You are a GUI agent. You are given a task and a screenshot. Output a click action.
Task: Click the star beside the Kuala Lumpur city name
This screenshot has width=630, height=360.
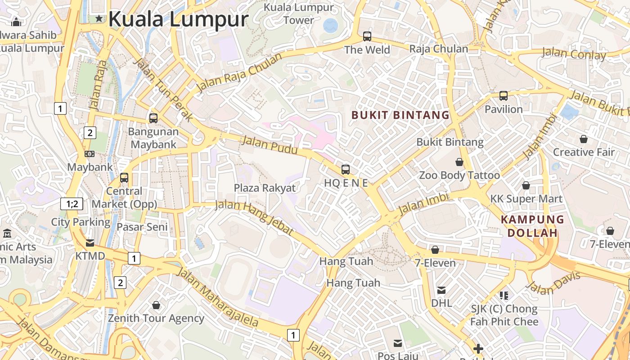coord(99,18)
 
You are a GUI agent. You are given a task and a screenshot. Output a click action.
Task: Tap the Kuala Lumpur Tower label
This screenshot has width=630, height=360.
coord(299,14)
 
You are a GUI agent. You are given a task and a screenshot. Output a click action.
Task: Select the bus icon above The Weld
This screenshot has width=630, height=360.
coord(367,36)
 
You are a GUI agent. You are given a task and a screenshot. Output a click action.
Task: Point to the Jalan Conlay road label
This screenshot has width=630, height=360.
coord(574,54)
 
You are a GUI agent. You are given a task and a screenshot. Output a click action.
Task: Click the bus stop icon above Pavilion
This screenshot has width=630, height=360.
coord(504,96)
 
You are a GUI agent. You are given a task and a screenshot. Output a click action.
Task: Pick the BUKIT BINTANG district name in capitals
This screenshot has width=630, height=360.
coord(400,115)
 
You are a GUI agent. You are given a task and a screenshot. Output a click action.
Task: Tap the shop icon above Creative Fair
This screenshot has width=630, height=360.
coord(584,139)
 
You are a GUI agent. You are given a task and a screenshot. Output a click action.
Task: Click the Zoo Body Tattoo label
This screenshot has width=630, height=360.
coord(459,175)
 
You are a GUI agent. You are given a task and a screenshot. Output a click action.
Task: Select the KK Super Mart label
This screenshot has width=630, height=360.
coord(526,198)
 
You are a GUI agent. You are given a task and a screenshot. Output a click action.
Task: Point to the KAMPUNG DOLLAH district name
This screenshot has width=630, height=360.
coord(533,226)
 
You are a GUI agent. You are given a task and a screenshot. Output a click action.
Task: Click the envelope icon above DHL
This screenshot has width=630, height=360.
coord(441,290)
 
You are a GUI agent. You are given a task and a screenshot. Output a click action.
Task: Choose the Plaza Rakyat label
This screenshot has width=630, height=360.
coord(265,188)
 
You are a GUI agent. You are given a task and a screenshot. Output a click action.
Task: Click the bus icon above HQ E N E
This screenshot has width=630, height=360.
coord(346,170)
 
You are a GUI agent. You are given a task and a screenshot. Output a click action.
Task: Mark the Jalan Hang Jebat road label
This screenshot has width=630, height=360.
coord(255,217)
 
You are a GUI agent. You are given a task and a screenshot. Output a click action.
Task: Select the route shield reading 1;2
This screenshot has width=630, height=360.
coord(72,204)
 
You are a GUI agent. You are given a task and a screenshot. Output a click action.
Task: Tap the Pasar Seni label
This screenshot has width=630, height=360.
coord(142,227)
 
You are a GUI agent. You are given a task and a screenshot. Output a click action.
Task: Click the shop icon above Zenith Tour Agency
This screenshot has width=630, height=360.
coord(156,306)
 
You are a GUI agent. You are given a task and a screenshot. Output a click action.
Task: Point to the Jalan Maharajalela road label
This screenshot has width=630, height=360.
coord(218,297)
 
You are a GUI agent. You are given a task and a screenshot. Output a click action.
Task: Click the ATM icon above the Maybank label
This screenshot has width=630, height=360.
coord(90,154)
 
